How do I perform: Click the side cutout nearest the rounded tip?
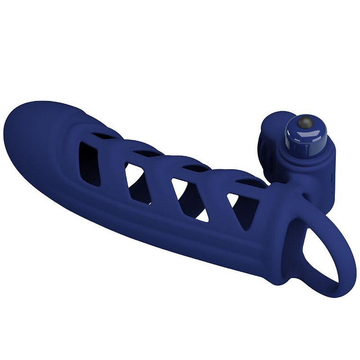click(x=89, y=164)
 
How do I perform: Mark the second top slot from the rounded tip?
click(x=147, y=153)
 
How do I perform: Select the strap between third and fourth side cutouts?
click(x=216, y=201)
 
